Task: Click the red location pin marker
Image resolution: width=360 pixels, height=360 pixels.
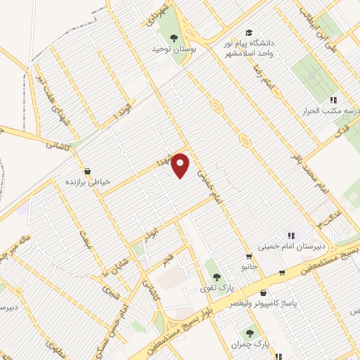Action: tap(181, 165)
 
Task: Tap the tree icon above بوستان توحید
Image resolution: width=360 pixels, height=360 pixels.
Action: tap(174, 39)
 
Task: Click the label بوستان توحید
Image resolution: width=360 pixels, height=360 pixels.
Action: tap(174, 51)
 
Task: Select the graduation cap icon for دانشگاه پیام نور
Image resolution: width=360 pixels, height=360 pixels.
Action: tap(248, 33)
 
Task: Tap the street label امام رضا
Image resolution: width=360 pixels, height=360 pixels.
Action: tap(266, 89)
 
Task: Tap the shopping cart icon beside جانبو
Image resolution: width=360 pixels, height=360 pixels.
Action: tap(249, 257)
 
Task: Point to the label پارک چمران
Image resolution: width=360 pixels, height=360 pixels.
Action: tap(249, 345)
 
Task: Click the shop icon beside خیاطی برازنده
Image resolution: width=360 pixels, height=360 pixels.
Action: tap(86, 171)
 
